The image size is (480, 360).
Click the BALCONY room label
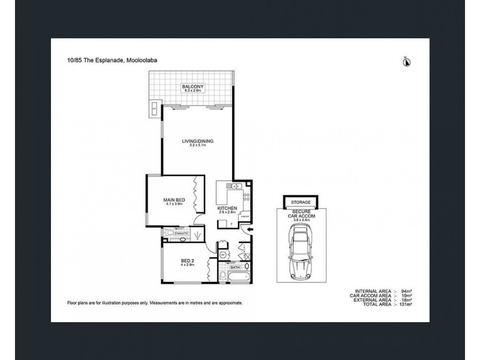(x=193, y=87)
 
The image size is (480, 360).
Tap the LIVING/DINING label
(x=198, y=142)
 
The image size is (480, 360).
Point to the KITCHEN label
(x=228, y=208)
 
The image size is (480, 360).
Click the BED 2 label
(x=187, y=260)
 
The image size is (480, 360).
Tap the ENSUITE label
(x=182, y=233)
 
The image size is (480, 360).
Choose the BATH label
(x=227, y=268)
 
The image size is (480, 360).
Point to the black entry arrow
(x=250, y=229)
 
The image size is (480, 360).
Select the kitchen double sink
(x=231, y=187)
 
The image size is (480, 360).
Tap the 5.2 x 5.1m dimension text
(x=198, y=146)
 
